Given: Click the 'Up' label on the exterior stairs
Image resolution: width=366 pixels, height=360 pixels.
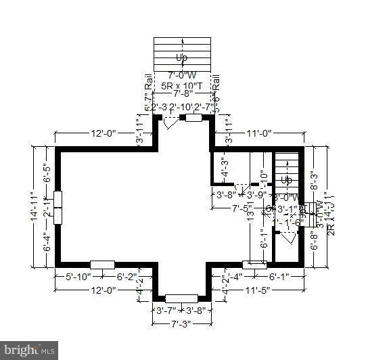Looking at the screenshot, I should coord(182,58).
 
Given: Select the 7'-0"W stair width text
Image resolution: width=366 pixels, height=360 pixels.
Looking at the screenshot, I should coord(182,75).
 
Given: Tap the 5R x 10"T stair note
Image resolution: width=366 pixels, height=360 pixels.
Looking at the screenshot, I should coord(182,86).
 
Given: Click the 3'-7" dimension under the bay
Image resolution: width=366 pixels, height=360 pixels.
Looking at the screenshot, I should coord(166,311).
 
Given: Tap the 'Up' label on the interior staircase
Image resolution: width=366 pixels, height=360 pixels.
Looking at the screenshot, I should coord(287,180).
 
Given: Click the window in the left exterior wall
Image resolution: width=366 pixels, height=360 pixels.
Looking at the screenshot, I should coord(58,207).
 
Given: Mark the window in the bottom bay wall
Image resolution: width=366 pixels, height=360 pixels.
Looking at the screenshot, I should coord(181,298).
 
